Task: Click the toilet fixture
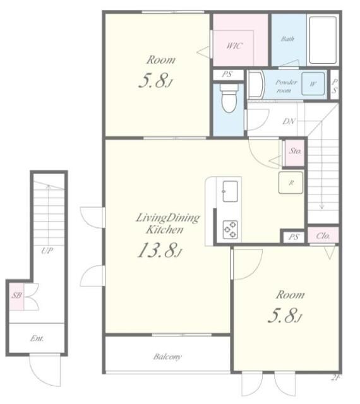click(x=229, y=98)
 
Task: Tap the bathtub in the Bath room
click(x=323, y=40)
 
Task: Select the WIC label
click(x=234, y=46)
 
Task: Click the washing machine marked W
click(x=313, y=83)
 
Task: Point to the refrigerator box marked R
click(x=291, y=182)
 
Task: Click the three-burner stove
click(x=231, y=229)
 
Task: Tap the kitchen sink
click(x=230, y=191)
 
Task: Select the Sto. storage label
click(x=296, y=151)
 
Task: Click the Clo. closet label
click(x=323, y=235)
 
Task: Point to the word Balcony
click(x=167, y=357)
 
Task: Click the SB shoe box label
click(x=17, y=295)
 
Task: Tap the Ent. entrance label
click(x=37, y=338)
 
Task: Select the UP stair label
click(x=47, y=250)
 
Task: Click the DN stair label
click(x=289, y=121)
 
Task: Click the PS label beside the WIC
click(x=227, y=74)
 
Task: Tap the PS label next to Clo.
click(x=294, y=237)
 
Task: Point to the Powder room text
click(x=285, y=86)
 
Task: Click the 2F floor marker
click(x=335, y=378)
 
